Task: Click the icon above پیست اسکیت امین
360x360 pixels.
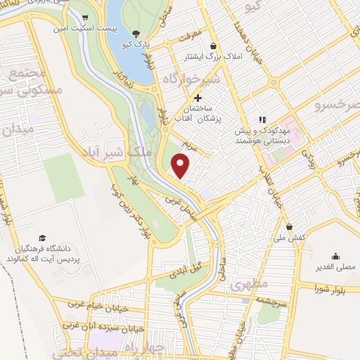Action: click(x=84, y=16)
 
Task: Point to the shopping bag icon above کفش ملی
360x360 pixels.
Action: click(x=289, y=226)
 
